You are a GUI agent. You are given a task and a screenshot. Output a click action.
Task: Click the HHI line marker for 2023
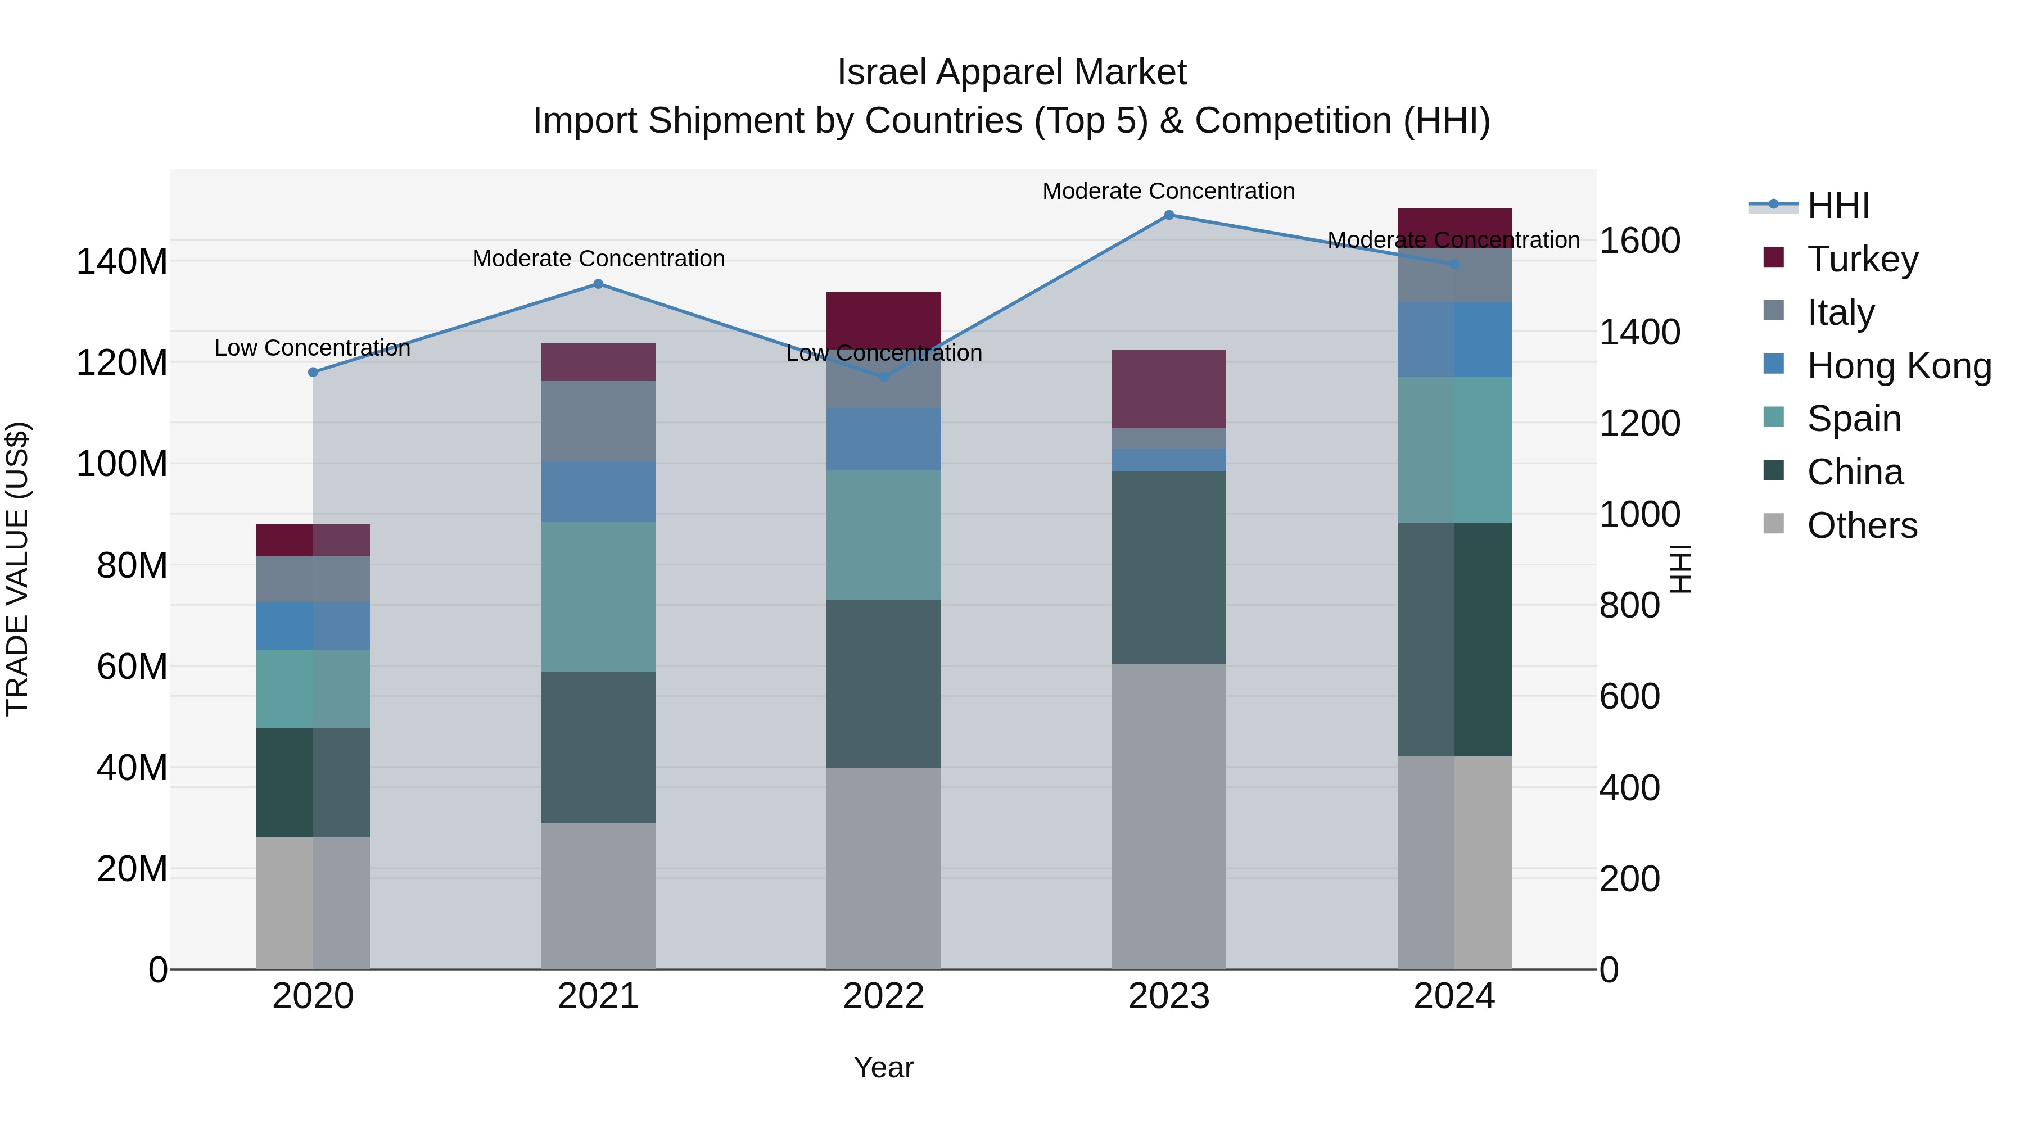pos(1168,215)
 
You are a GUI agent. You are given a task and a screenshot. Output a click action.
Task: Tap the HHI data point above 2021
pos(598,284)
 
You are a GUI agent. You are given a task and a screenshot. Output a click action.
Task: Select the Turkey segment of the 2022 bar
pos(883,318)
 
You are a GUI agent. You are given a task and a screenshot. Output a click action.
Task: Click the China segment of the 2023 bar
pos(1168,567)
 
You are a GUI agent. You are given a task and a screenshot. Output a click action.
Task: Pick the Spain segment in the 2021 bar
pos(598,596)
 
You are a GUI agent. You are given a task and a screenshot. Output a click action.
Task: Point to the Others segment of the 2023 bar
pos(1168,817)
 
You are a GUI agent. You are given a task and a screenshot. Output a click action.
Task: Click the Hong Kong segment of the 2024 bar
pos(1453,339)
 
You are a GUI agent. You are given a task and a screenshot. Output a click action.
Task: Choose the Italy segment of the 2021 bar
pos(598,420)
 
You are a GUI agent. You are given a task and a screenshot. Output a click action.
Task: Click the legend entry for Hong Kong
pos(1897,366)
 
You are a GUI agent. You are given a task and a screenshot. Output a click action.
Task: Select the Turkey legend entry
pos(1862,259)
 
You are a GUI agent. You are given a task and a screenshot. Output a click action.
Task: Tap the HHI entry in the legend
pos(1837,206)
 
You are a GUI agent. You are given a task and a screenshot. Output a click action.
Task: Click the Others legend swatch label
pos(1862,525)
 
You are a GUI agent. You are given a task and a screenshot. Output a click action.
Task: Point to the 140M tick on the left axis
pos(122,261)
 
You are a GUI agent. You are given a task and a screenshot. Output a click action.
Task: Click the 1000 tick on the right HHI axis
pos(1639,514)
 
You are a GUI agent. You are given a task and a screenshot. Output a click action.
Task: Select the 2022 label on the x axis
pos(883,996)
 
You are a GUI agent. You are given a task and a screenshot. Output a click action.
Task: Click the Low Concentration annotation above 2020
pos(312,348)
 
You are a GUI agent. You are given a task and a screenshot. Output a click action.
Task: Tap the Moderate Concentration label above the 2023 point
pos(1168,191)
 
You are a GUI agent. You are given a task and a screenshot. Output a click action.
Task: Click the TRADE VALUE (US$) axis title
pos(17,569)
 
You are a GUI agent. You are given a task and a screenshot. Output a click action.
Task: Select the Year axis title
pos(883,1067)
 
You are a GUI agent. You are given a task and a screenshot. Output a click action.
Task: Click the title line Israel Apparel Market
pos(1011,72)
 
